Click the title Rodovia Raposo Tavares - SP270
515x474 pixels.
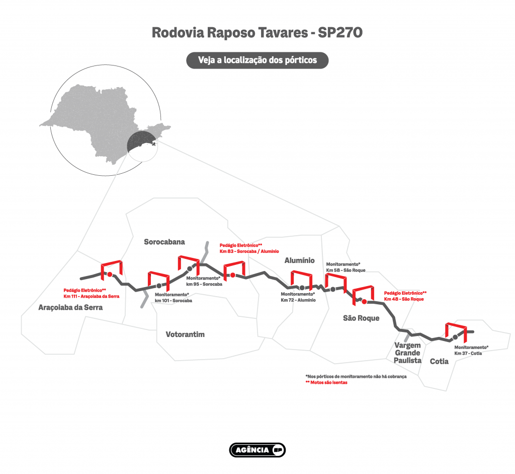tap(257, 33)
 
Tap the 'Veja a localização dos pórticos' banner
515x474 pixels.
tap(257, 60)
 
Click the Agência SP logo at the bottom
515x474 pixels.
tap(257, 450)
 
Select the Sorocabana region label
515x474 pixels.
tap(164, 242)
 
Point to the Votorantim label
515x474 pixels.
tap(185, 334)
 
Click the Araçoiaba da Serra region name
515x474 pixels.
tap(70, 307)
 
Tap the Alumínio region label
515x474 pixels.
tap(299, 260)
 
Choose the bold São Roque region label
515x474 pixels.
tap(361, 318)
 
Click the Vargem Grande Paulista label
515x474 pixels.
tap(407, 353)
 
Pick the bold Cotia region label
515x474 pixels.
tap(440, 361)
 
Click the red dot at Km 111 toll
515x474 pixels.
tap(110, 275)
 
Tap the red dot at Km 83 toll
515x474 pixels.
tap(233, 275)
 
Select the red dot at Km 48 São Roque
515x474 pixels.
tap(364, 302)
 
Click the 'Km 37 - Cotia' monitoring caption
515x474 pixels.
tap(468, 354)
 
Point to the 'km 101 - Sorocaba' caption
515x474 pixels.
tap(174, 300)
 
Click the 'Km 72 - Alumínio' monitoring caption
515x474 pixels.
tap(298, 300)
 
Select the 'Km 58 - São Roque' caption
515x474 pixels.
tap(346, 270)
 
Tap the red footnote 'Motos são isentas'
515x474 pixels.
tap(326, 383)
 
